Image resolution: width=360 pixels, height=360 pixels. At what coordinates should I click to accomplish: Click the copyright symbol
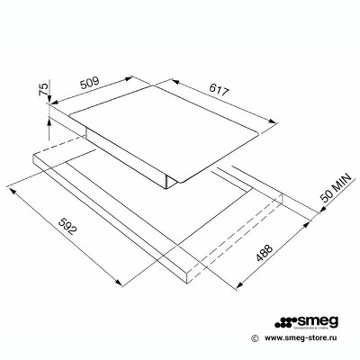pos(256,338)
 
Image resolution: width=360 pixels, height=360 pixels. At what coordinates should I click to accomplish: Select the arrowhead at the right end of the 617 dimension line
pos(281,121)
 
